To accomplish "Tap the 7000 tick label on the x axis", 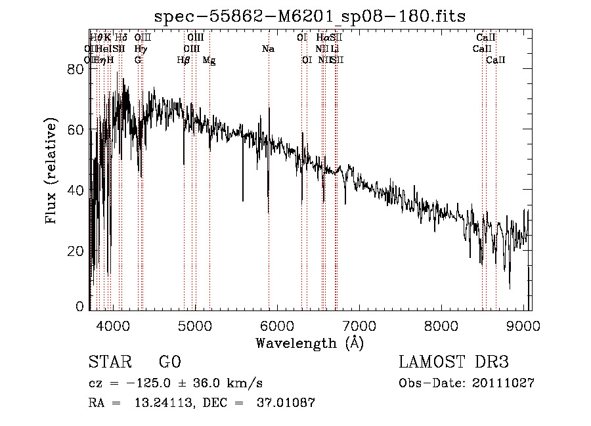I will [359, 326].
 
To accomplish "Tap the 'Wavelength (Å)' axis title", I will [309, 343].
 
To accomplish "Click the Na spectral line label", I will [268, 49].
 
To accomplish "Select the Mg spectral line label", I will [209, 60].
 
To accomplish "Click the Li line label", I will [335, 49].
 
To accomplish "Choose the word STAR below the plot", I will [106, 362].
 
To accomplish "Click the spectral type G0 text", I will [169, 362].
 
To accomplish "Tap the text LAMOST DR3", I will [453, 362].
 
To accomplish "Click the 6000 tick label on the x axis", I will [277, 326].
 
